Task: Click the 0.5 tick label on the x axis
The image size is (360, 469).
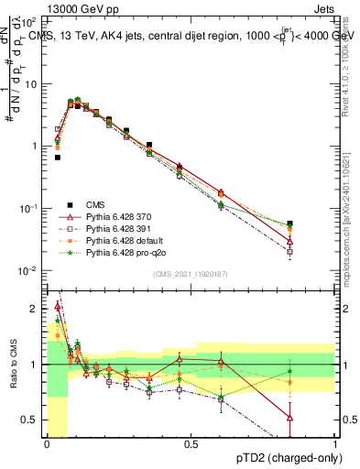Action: click(x=191, y=444)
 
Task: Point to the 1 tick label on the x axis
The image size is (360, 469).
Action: click(x=335, y=444)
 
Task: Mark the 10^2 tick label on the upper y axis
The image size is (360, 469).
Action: click(x=27, y=21)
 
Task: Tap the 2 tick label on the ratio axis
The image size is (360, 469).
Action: click(x=34, y=309)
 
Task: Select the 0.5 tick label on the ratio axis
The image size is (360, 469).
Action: click(x=30, y=420)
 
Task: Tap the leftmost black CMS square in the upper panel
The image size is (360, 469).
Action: click(x=58, y=158)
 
